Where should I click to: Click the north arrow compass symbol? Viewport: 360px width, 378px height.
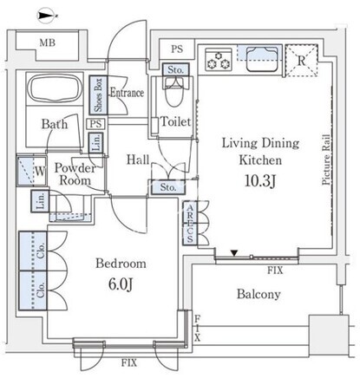[x=46, y=16]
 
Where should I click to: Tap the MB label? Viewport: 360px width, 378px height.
[x=48, y=42]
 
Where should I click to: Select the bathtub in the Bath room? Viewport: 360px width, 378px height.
[x=55, y=88]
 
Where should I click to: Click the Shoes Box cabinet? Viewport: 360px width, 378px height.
[x=98, y=95]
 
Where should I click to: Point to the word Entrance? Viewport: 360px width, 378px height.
[x=128, y=93]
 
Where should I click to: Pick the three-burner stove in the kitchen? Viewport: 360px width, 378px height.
[x=219, y=60]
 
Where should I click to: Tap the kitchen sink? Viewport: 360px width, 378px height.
[x=262, y=59]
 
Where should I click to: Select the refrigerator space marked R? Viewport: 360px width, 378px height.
[x=302, y=61]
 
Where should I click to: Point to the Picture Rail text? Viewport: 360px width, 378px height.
[x=326, y=160]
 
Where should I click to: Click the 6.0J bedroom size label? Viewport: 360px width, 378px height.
[x=121, y=284]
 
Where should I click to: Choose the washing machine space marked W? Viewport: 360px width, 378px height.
[x=31, y=171]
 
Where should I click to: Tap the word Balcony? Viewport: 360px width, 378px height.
[x=259, y=295]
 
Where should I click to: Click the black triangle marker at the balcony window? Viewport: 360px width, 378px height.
[x=234, y=253]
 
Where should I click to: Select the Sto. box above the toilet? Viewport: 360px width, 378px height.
[x=175, y=69]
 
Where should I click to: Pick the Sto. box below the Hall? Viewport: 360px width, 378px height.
[x=168, y=187]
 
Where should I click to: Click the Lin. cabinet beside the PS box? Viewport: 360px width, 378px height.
[x=96, y=142]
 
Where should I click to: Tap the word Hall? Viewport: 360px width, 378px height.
[x=138, y=160]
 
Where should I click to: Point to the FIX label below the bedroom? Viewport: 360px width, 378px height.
[x=129, y=362]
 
